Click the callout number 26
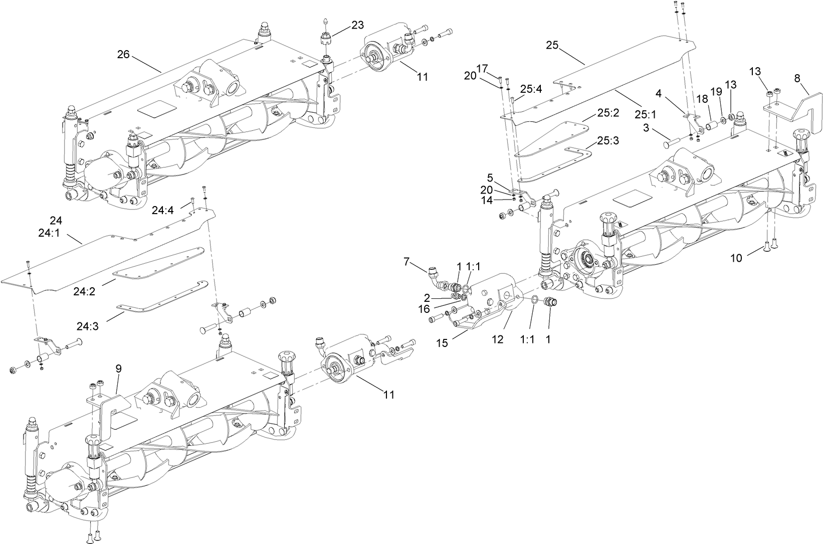[x=123, y=54]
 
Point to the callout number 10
[x=736, y=258]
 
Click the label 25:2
[x=608, y=113]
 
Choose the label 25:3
[x=608, y=141]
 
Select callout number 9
[x=118, y=369]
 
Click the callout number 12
[x=497, y=339]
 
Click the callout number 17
[x=482, y=68]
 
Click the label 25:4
[x=531, y=89]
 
